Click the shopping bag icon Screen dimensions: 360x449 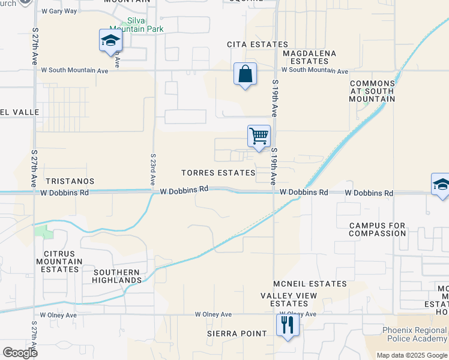[x=245, y=74]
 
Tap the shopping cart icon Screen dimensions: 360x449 [x=259, y=136]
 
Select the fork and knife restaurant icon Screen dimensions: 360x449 [x=288, y=326]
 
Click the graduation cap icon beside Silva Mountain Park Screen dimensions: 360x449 [x=110, y=41]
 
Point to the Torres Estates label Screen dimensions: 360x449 [x=218, y=173]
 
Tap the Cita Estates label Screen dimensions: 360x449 [x=257, y=44]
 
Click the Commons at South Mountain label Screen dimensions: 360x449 [x=372, y=91]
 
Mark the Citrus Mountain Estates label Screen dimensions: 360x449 [x=59, y=262]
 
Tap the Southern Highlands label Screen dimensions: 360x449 [x=117, y=276]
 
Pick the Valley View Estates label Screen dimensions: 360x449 [x=289, y=299]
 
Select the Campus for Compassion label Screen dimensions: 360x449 [x=378, y=229]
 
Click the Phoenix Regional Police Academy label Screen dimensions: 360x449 [x=415, y=335]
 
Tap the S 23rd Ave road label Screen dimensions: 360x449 [x=153, y=169]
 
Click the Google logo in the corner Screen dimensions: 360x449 [x=20, y=353]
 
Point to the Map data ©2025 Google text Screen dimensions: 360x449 [x=411, y=355]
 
